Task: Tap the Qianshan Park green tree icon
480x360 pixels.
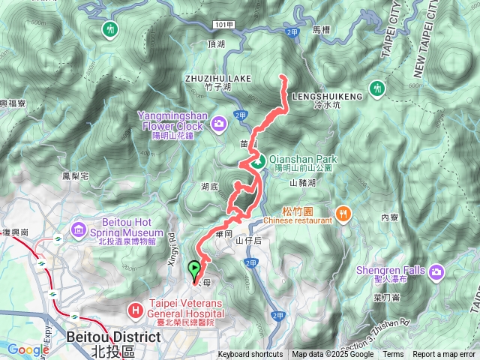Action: tap(257, 160)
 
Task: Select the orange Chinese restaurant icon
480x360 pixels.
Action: tap(343, 212)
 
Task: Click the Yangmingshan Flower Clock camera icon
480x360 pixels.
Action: tap(219, 122)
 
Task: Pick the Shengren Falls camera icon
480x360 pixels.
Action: tap(436, 271)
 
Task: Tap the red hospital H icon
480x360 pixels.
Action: tap(136, 308)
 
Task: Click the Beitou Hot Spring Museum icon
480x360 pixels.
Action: tap(79, 228)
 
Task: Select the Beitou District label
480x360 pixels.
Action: tap(113, 337)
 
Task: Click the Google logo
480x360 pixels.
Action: tap(28, 349)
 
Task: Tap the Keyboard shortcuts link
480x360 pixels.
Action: tap(250, 355)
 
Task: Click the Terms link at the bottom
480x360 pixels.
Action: tap(393, 355)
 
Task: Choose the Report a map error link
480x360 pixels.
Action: tap(444, 355)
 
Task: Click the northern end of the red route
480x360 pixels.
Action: tap(281, 76)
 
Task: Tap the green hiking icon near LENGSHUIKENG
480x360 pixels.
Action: tap(378, 90)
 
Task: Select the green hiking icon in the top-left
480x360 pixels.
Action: tap(111, 29)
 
